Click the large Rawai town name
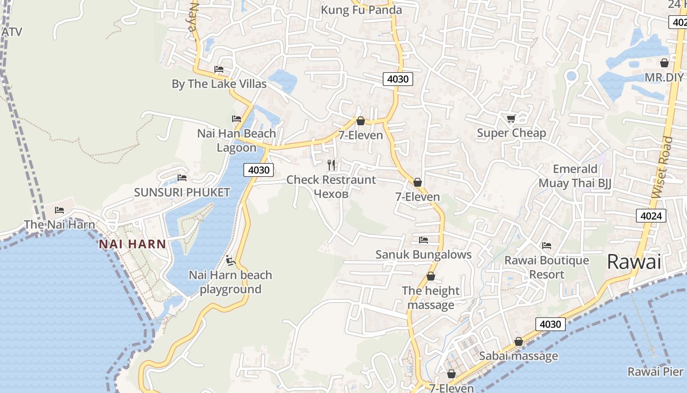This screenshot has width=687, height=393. [x=634, y=261]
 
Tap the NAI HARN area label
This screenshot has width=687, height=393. [x=132, y=244]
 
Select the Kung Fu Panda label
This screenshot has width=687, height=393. [x=361, y=10]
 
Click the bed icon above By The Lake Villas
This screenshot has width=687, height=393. [x=219, y=69]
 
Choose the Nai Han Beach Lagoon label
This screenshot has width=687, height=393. [x=237, y=140]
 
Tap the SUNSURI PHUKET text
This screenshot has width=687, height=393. [x=182, y=192]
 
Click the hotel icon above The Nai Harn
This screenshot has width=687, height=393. [x=59, y=210]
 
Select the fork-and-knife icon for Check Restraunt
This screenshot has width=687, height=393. [x=331, y=165]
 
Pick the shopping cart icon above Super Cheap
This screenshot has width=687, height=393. [x=511, y=118]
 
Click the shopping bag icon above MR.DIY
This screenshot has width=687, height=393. [x=664, y=63]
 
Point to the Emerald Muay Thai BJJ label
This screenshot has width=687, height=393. [x=575, y=176]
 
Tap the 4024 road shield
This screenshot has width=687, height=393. [x=651, y=215]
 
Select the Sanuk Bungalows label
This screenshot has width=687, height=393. [x=423, y=254]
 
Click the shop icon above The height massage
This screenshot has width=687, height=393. [x=430, y=277]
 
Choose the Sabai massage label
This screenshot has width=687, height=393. [x=518, y=356]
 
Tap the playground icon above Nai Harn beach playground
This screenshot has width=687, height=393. [x=230, y=260]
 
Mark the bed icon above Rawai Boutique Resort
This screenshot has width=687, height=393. [x=546, y=246]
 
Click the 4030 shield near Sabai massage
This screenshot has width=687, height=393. [x=550, y=324]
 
